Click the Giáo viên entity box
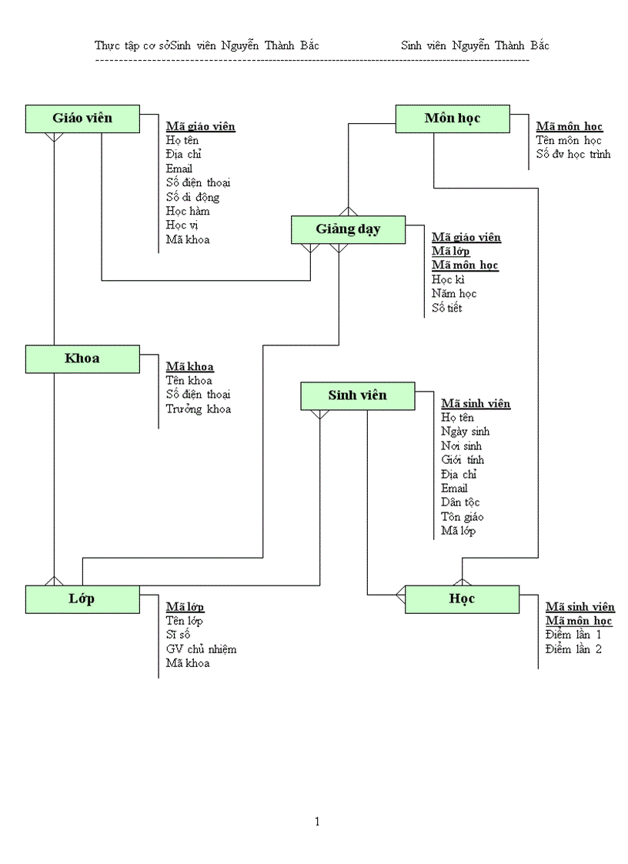pos(82,118)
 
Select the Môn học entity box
pos(452,118)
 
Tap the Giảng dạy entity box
pos(348,229)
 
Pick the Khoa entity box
pos(82,359)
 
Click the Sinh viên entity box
pos(357,395)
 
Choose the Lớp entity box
pos(82,599)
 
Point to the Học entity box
pos(462,599)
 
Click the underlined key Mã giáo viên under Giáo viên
pos(200,126)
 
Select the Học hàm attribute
pos(187,211)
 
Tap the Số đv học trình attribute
pos(573,154)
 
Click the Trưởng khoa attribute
pos(198,409)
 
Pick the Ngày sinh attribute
pos(465,432)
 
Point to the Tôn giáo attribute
pos(462,516)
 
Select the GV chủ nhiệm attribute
pos(201,649)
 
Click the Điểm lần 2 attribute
pos(573,649)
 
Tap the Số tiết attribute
pos(446,308)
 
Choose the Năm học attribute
pos(454,293)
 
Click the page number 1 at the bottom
pos(317,822)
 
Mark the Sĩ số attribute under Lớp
pos(178,635)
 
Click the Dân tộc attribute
pos(460,502)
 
